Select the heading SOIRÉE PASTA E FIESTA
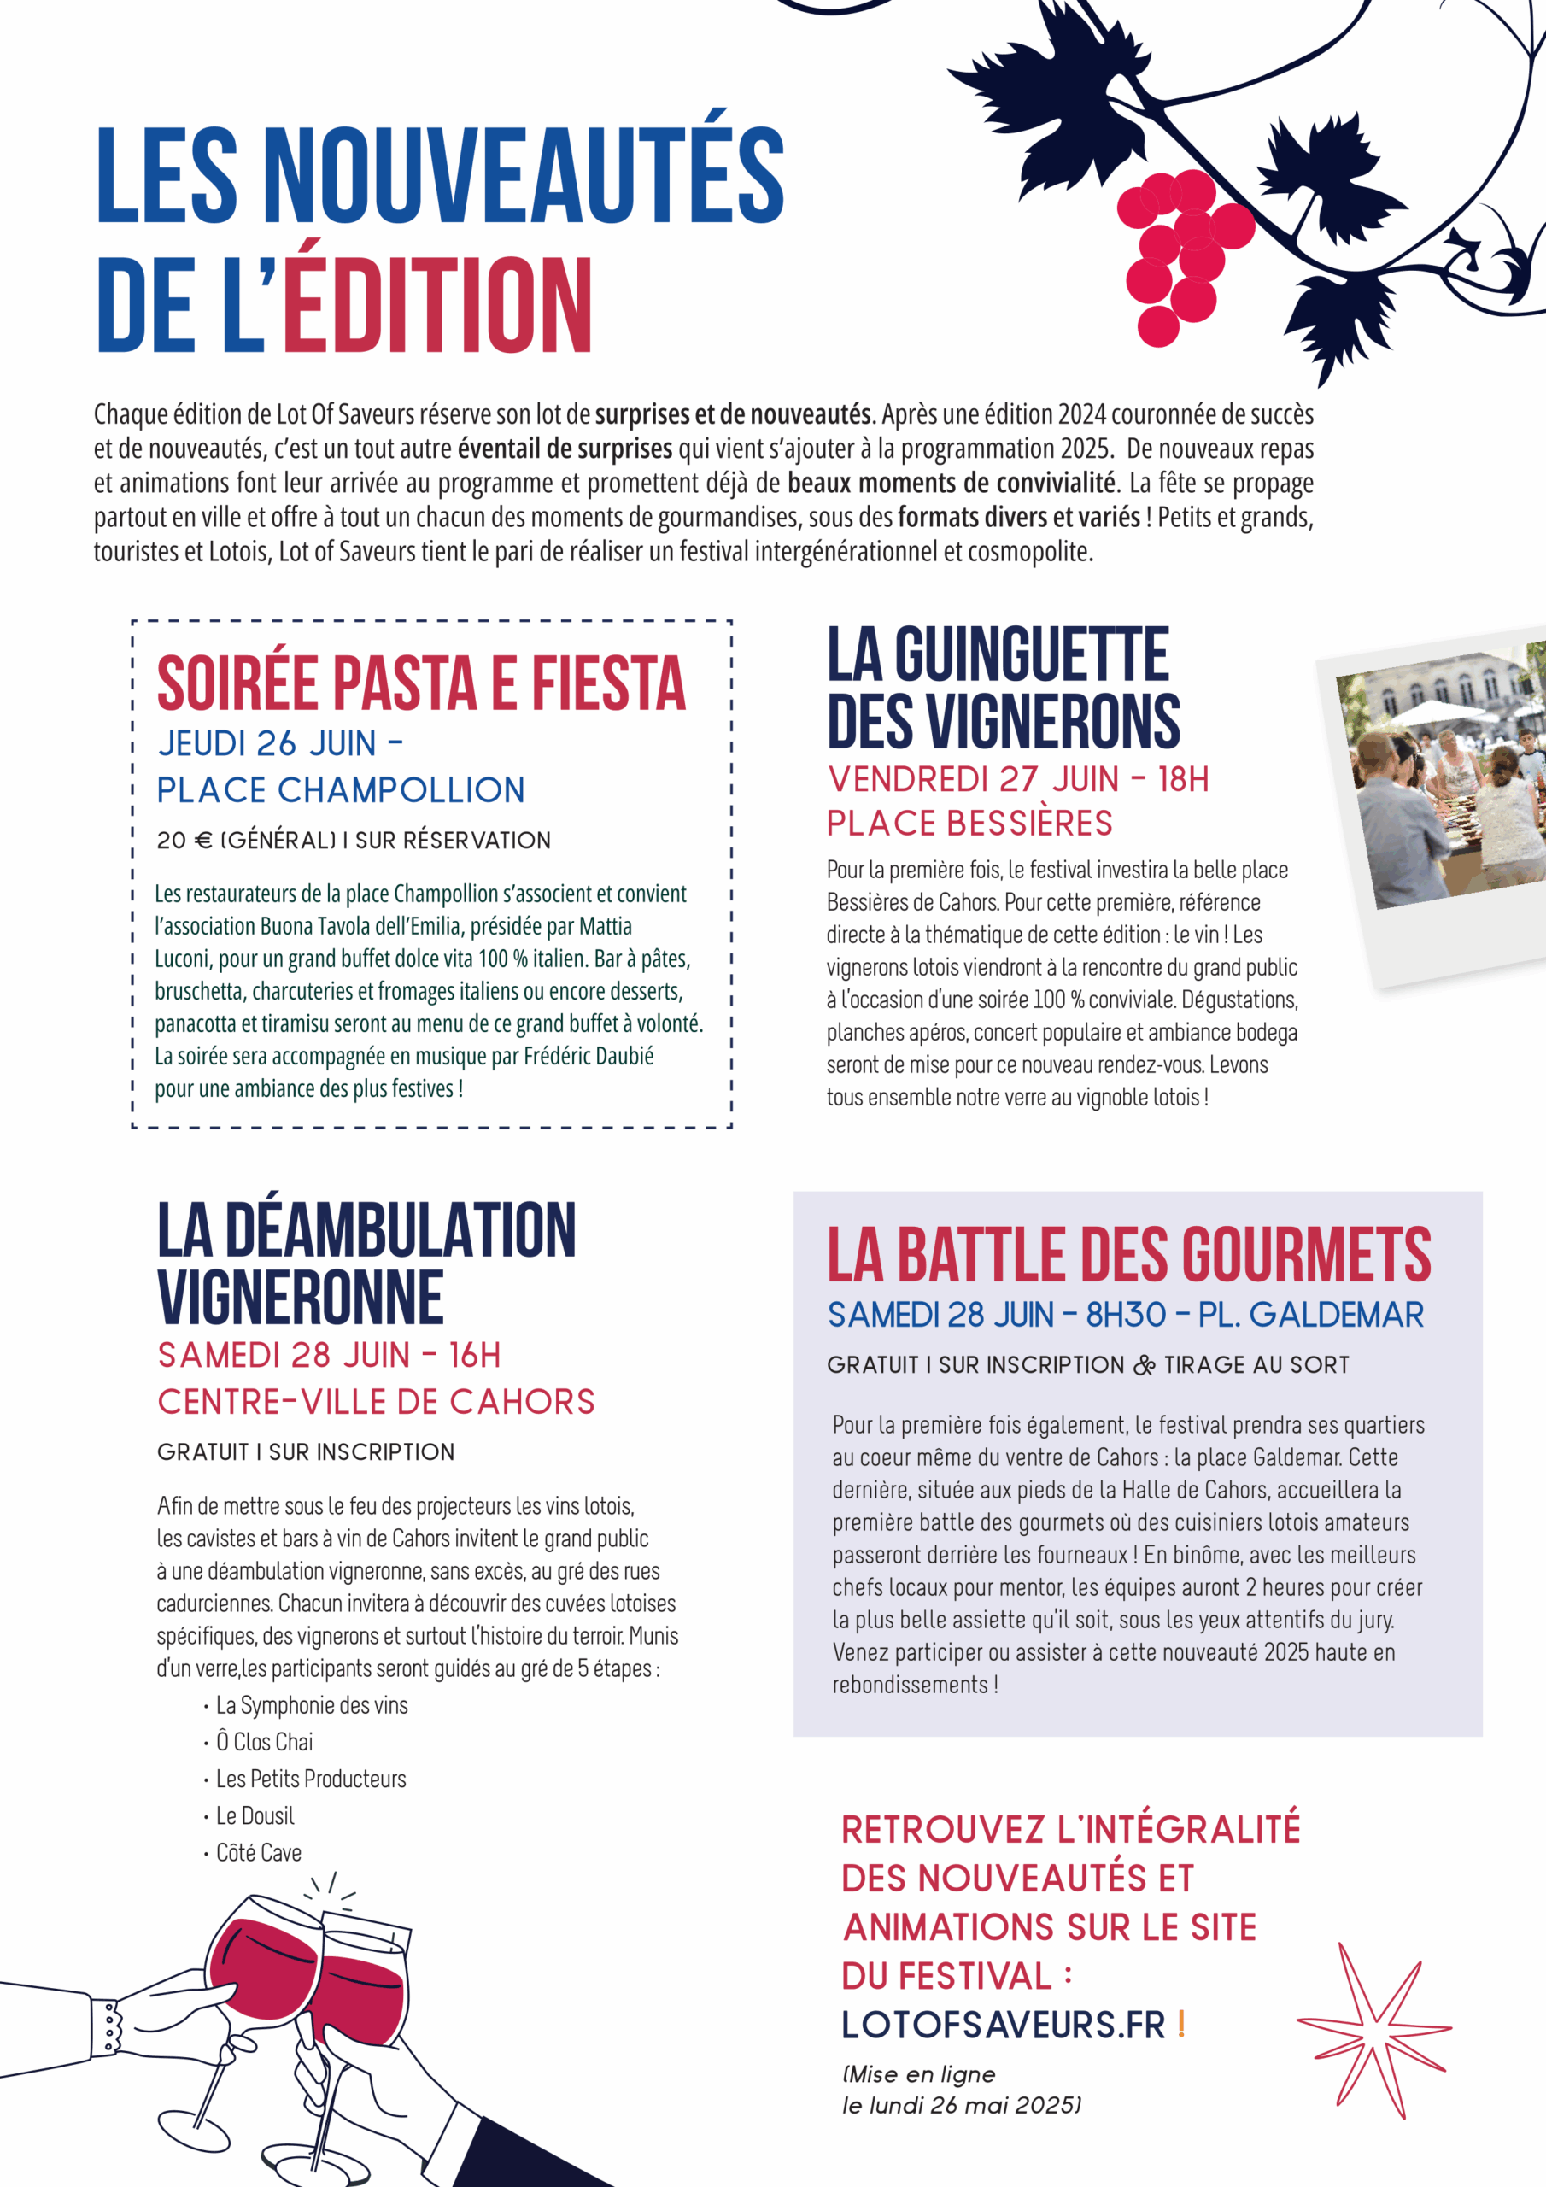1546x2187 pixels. (421, 684)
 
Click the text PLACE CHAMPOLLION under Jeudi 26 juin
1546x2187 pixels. (340, 789)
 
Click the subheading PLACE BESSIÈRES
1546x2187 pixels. (969, 823)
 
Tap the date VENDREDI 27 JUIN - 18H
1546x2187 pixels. (1017, 779)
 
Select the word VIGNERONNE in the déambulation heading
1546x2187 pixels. (300, 1298)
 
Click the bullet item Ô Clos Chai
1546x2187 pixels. (264, 1741)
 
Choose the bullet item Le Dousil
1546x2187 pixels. (255, 1815)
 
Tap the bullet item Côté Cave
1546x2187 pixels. (258, 1853)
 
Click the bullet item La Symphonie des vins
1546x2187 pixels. (312, 1705)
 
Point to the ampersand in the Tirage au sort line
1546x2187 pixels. (1144, 1365)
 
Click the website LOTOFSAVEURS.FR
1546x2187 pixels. (1003, 2025)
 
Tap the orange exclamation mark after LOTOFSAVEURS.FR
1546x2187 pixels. (1181, 2023)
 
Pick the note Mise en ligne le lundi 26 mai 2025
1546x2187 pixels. (960, 2089)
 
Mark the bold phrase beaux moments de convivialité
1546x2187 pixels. (951, 483)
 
